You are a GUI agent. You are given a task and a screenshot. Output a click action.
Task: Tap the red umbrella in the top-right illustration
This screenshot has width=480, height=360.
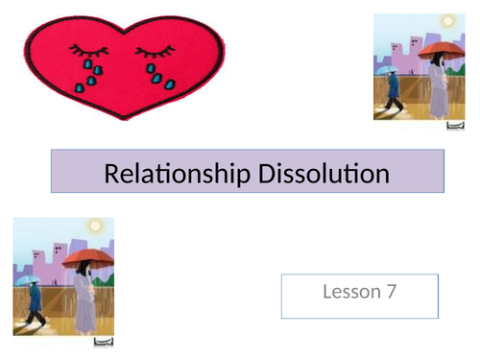coord(437,49)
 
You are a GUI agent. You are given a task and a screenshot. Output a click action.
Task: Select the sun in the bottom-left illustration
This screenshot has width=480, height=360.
coord(94,227)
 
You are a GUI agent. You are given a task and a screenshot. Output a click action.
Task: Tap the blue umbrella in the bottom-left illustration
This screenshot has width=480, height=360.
coord(32,279)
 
